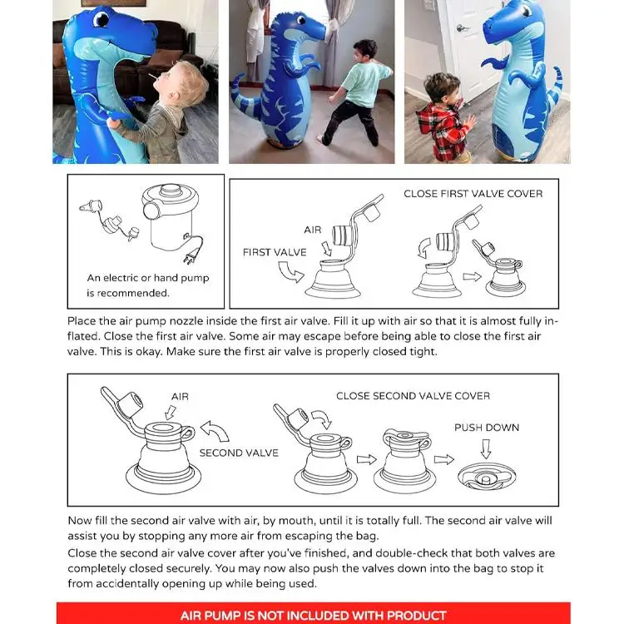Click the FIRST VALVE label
click(x=275, y=251)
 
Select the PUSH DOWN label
click(x=486, y=428)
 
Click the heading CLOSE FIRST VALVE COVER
click(x=473, y=194)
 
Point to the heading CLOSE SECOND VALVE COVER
click(x=413, y=396)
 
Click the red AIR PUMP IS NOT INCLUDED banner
click(x=313, y=615)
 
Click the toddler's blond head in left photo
click(x=190, y=83)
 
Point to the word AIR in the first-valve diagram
click(x=313, y=229)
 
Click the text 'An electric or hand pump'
click(x=148, y=278)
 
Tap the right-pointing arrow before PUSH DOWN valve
click(x=444, y=459)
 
